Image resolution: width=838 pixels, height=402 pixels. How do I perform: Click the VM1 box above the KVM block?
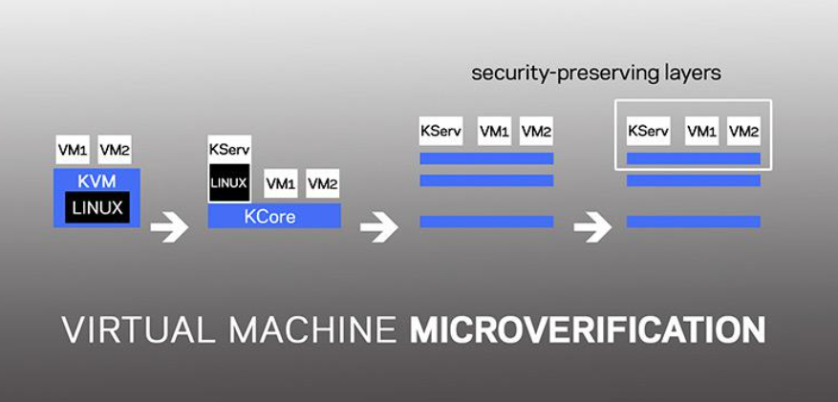(x=73, y=150)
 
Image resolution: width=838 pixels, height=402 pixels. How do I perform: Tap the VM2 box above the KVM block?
(x=115, y=150)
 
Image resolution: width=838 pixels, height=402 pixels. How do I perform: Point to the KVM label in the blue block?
(x=97, y=181)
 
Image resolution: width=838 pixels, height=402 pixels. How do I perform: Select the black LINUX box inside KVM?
(x=97, y=207)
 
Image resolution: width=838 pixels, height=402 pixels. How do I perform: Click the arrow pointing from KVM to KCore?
(x=169, y=226)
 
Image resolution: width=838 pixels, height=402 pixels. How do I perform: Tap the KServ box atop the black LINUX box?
(x=229, y=150)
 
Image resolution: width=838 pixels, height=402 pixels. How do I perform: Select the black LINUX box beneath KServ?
(x=229, y=183)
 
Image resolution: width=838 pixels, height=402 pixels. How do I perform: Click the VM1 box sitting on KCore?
(x=281, y=183)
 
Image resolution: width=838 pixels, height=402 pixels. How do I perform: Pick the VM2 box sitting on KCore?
(x=323, y=183)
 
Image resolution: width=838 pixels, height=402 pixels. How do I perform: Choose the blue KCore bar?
(x=274, y=216)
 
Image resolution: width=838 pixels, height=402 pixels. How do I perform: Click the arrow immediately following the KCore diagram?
(x=379, y=226)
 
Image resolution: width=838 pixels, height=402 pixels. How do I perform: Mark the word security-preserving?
(x=564, y=74)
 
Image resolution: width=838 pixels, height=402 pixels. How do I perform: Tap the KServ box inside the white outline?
(x=648, y=131)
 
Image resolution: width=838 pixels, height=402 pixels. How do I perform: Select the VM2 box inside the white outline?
(x=744, y=131)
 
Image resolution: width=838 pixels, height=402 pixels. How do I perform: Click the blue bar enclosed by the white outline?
(x=693, y=159)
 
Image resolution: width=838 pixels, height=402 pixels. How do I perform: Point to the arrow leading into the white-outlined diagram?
(x=592, y=226)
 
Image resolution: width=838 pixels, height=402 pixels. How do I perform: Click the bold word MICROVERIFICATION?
(x=587, y=330)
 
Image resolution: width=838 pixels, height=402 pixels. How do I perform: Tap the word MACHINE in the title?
(x=312, y=330)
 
